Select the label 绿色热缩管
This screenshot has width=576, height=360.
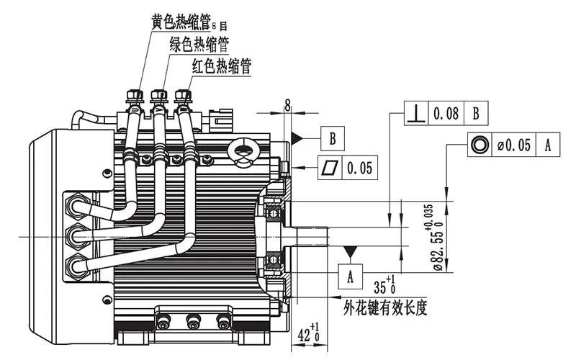[x=199, y=45]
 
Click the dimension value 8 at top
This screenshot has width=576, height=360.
[x=287, y=106]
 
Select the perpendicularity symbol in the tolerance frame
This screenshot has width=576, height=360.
[x=415, y=113]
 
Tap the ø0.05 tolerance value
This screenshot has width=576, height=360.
[x=514, y=145]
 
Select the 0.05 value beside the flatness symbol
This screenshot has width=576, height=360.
[x=359, y=168]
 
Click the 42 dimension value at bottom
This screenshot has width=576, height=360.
[x=306, y=334]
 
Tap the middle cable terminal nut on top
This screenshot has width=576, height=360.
[x=159, y=94]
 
